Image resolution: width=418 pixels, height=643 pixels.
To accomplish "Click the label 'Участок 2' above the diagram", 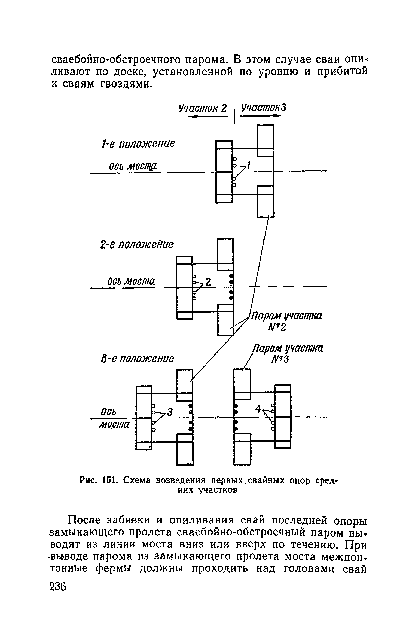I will tap(202, 108).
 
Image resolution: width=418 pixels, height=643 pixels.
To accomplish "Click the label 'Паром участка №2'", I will tap(286, 321).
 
